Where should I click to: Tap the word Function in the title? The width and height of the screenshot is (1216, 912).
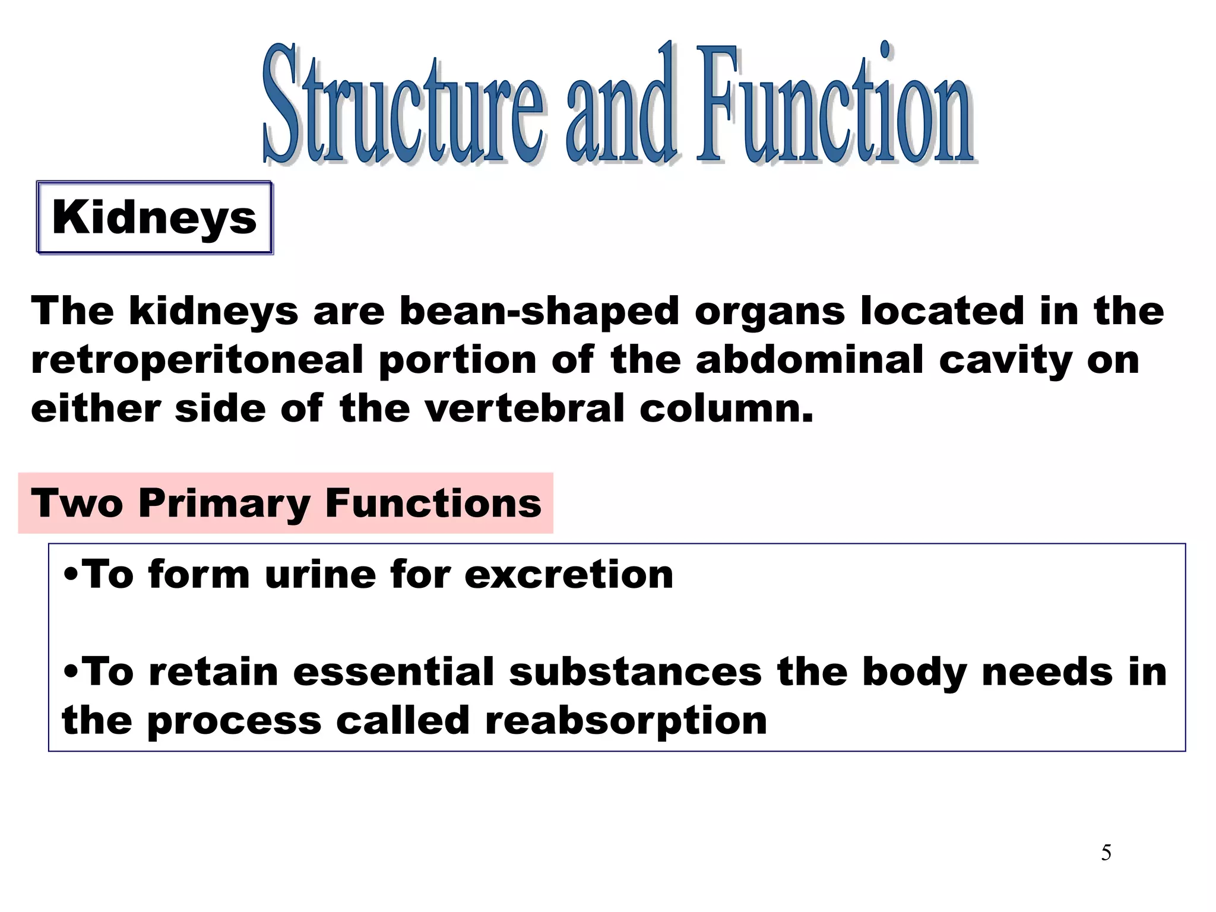pyautogui.click(x=834, y=107)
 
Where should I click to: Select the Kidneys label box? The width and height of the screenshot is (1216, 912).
pyautogui.click(x=154, y=218)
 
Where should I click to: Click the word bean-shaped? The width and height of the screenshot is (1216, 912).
pyautogui.click(x=539, y=311)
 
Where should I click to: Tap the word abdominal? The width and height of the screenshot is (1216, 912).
pyautogui.click(x=809, y=360)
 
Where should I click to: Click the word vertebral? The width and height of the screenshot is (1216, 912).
pyautogui.click(x=525, y=408)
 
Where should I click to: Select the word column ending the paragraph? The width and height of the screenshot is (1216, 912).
pyautogui.click(x=726, y=408)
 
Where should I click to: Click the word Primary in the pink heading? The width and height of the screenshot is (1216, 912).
pyautogui.click(x=224, y=503)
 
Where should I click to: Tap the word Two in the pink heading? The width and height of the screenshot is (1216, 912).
pyautogui.click(x=77, y=503)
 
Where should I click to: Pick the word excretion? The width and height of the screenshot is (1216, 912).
pyautogui.click(x=569, y=575)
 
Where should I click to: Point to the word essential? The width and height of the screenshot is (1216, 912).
pyautogui.click(x=394, y=672)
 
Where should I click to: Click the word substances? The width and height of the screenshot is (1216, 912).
pyautogui.click(x=635, y=672)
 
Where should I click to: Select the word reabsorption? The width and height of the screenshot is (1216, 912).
pyautogui.click(x=626, y=721)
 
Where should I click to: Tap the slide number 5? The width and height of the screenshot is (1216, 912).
pyautogui.click(x=1106, y=853)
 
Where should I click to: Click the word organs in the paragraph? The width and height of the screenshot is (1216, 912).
pyautogui.click(x=769, y=311)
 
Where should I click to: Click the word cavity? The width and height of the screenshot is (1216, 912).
pyautogui.click(x=1005, y=360)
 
